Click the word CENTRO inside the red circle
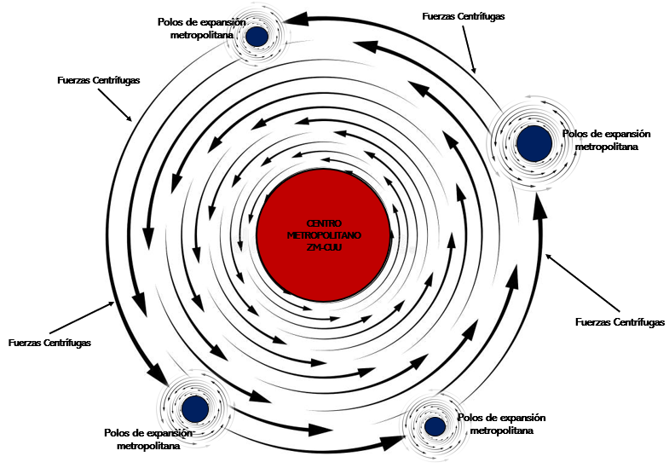coord(323,222)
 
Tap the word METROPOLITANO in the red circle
coord(324,234)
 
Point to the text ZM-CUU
coord(323,247)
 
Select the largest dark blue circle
coord(533,142)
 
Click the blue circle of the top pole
coord(257,37)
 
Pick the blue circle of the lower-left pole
coord(195,408)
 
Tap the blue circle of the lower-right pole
coord(435,425)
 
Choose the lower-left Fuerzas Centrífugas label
coord(49,343)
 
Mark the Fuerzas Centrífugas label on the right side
coord(620,321)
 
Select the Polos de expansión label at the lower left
coord(149,439)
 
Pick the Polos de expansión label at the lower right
coord(501,424)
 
